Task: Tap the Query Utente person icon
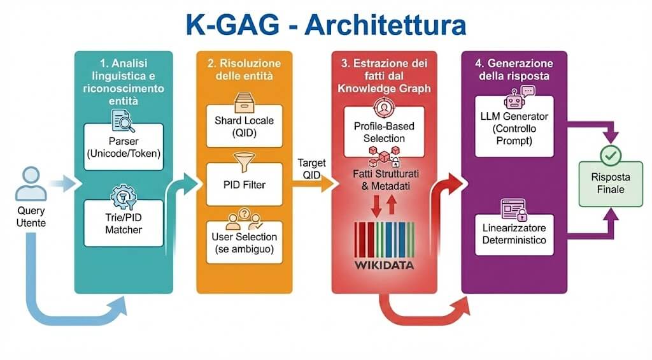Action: tap(31, 184)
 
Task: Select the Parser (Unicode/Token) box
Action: tap(124, 147)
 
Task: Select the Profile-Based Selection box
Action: tap(384, 131)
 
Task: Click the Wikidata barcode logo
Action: tap(384, 242)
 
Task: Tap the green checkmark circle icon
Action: tap(611, 155)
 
